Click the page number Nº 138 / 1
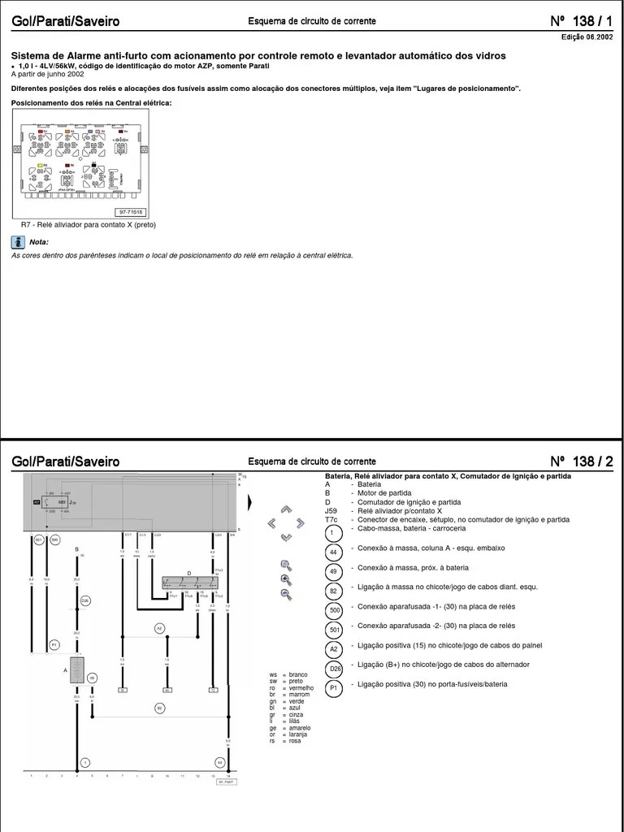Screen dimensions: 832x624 (581, 21)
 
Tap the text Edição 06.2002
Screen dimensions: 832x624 (587, 37)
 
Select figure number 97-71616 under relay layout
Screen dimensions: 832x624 (131, 211)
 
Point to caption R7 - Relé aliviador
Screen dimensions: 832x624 (88, 225)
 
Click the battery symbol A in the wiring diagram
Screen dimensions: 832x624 (77, 671)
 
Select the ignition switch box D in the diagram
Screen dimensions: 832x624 (189, 583)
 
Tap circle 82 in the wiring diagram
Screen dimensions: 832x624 (159, 708)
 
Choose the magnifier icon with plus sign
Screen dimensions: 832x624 (286, 579)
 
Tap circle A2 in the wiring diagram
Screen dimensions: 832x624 (159, 628)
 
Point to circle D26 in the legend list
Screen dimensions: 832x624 (334, 668)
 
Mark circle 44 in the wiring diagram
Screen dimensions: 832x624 (219, 762)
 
